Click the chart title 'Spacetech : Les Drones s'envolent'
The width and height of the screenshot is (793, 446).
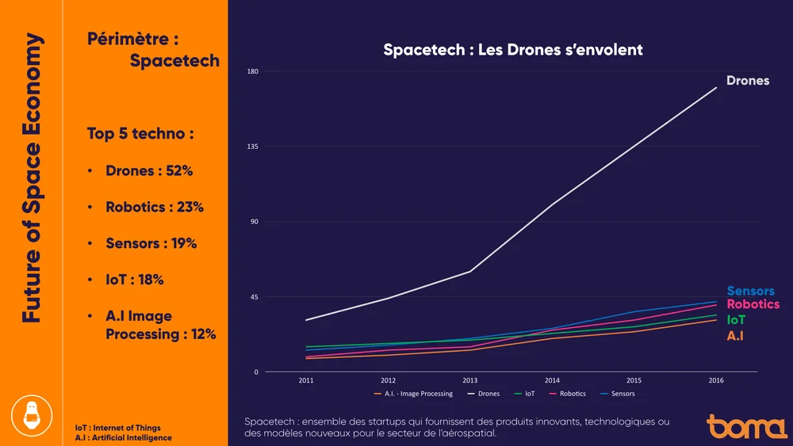(512, 50)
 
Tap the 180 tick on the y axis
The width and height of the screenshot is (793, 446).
(254, 72)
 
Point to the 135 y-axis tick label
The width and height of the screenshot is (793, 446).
(254, 147)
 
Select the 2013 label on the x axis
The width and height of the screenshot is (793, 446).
(470, 380)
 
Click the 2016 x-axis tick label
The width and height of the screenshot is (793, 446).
(716, 380)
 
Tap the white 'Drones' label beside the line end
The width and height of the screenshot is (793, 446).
(748, 81)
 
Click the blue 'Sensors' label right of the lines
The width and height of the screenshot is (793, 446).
(750, 292)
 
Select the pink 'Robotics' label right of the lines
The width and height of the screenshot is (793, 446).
(753, 305)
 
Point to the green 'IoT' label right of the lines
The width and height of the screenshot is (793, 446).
(736, 320)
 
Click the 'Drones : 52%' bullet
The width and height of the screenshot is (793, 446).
(149, 171)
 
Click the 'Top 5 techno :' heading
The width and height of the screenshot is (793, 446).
(140, 134)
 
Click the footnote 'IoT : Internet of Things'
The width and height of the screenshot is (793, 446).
(117, 428)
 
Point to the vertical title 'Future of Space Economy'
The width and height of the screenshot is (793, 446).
(31, 177)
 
